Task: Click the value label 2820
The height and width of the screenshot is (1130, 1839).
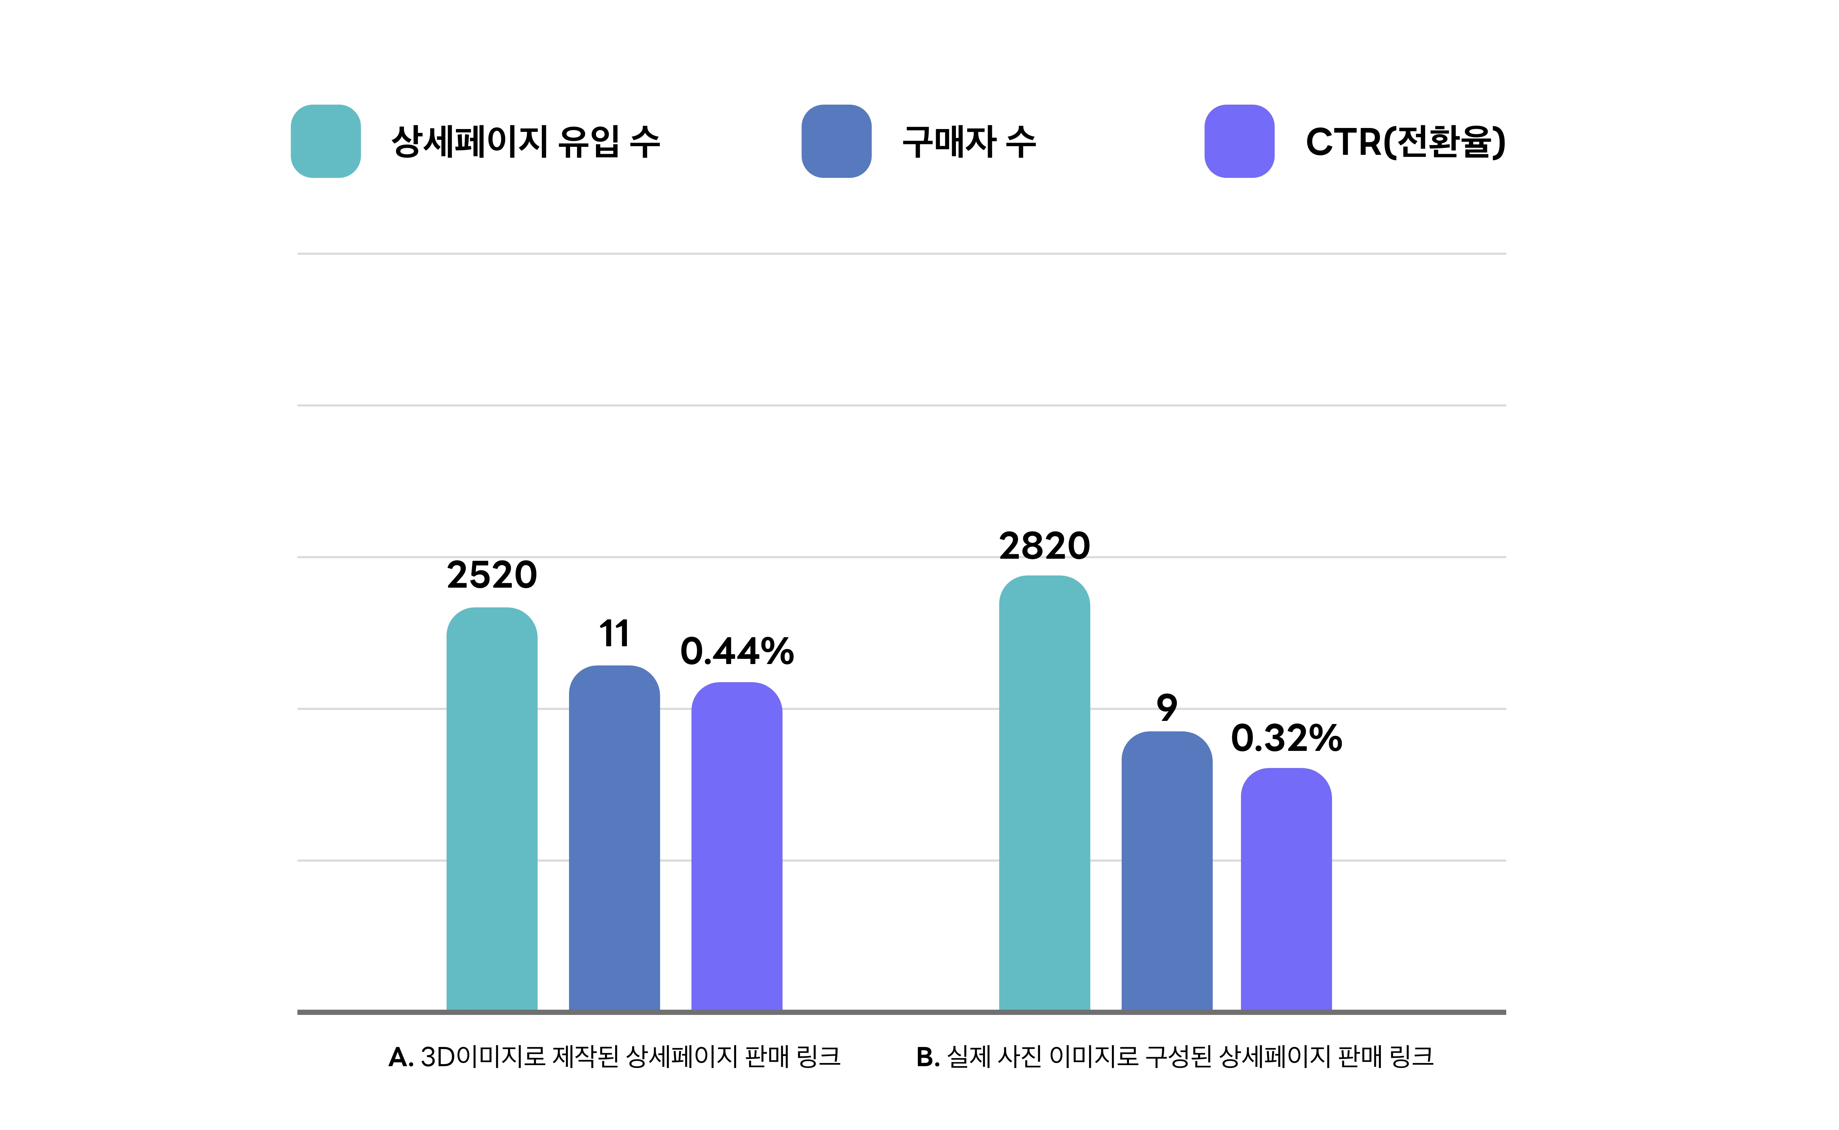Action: point(1044,546)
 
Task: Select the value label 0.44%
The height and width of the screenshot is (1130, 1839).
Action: point(737,652)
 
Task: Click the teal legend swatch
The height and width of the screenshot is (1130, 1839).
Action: point(326,141)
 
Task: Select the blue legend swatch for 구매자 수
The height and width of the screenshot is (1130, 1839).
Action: point(837,141)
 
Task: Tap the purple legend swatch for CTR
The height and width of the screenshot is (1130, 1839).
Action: point(1240,141)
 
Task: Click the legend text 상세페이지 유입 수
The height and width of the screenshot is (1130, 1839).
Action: point(525,141)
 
